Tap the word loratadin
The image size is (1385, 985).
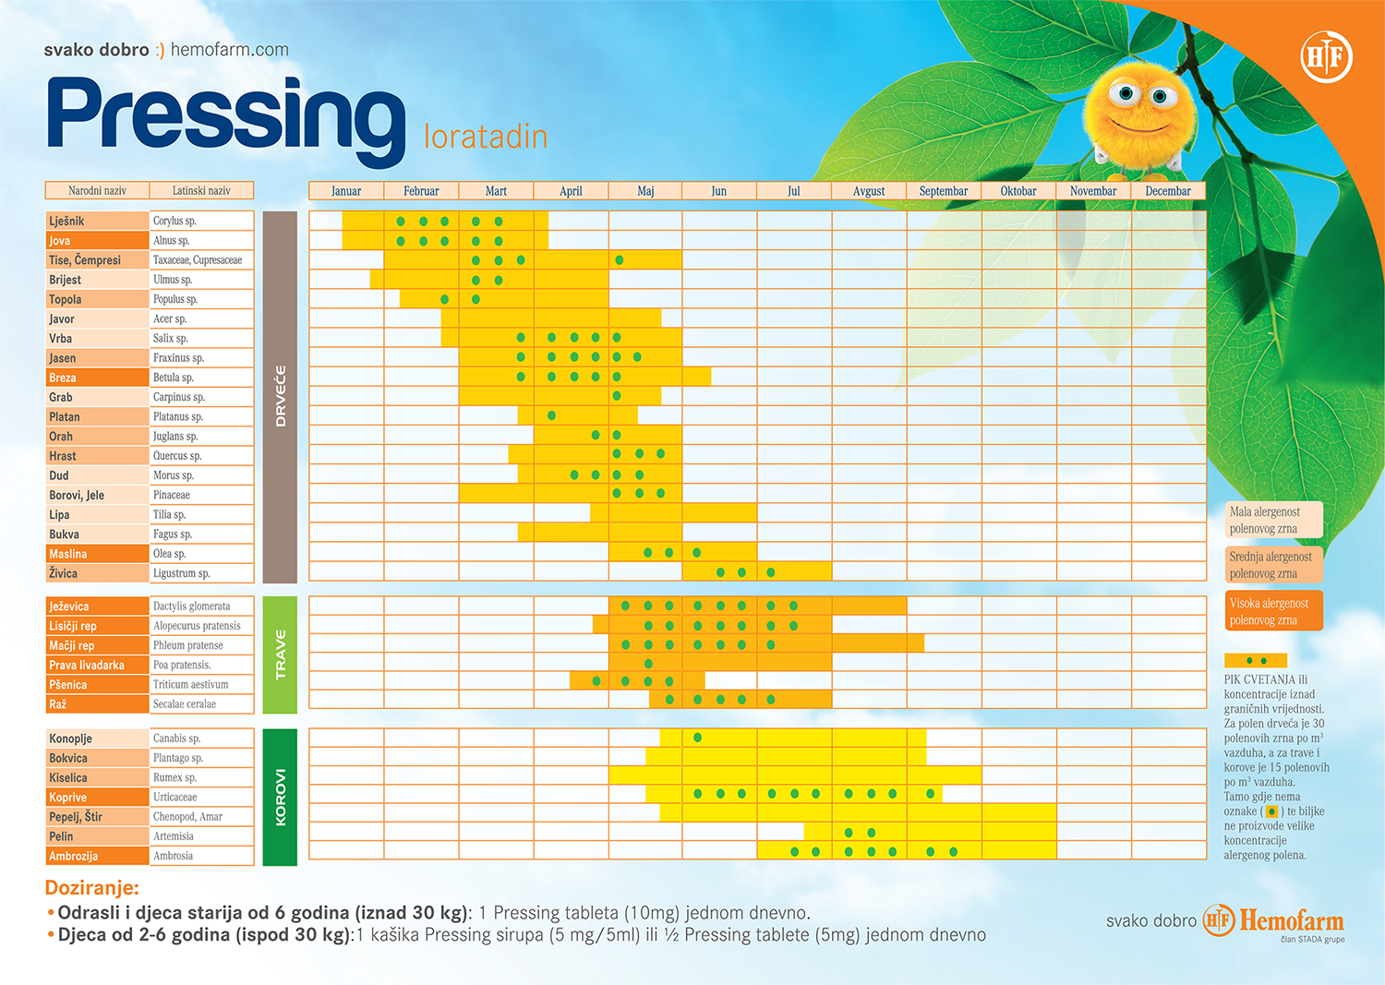click(486, 137)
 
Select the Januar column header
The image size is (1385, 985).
click(346, 191)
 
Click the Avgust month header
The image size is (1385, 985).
click(869, 191)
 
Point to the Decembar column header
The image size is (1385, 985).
click(1168, 191)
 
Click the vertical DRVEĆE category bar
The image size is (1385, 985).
click(280, 397)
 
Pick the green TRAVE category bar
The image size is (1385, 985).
click(280, 655)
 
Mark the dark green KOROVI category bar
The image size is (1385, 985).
click(280, 797)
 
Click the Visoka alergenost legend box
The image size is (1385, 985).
click(1273, 611)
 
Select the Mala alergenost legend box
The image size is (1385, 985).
click(1273, 520)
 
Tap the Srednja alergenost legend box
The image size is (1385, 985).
click(1273, 565)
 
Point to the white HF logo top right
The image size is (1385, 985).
click(1326, 57)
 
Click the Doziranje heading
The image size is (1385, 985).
click(92, 888)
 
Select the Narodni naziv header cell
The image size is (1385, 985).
click(97, 191)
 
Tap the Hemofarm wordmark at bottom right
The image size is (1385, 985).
click(1291, 920)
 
